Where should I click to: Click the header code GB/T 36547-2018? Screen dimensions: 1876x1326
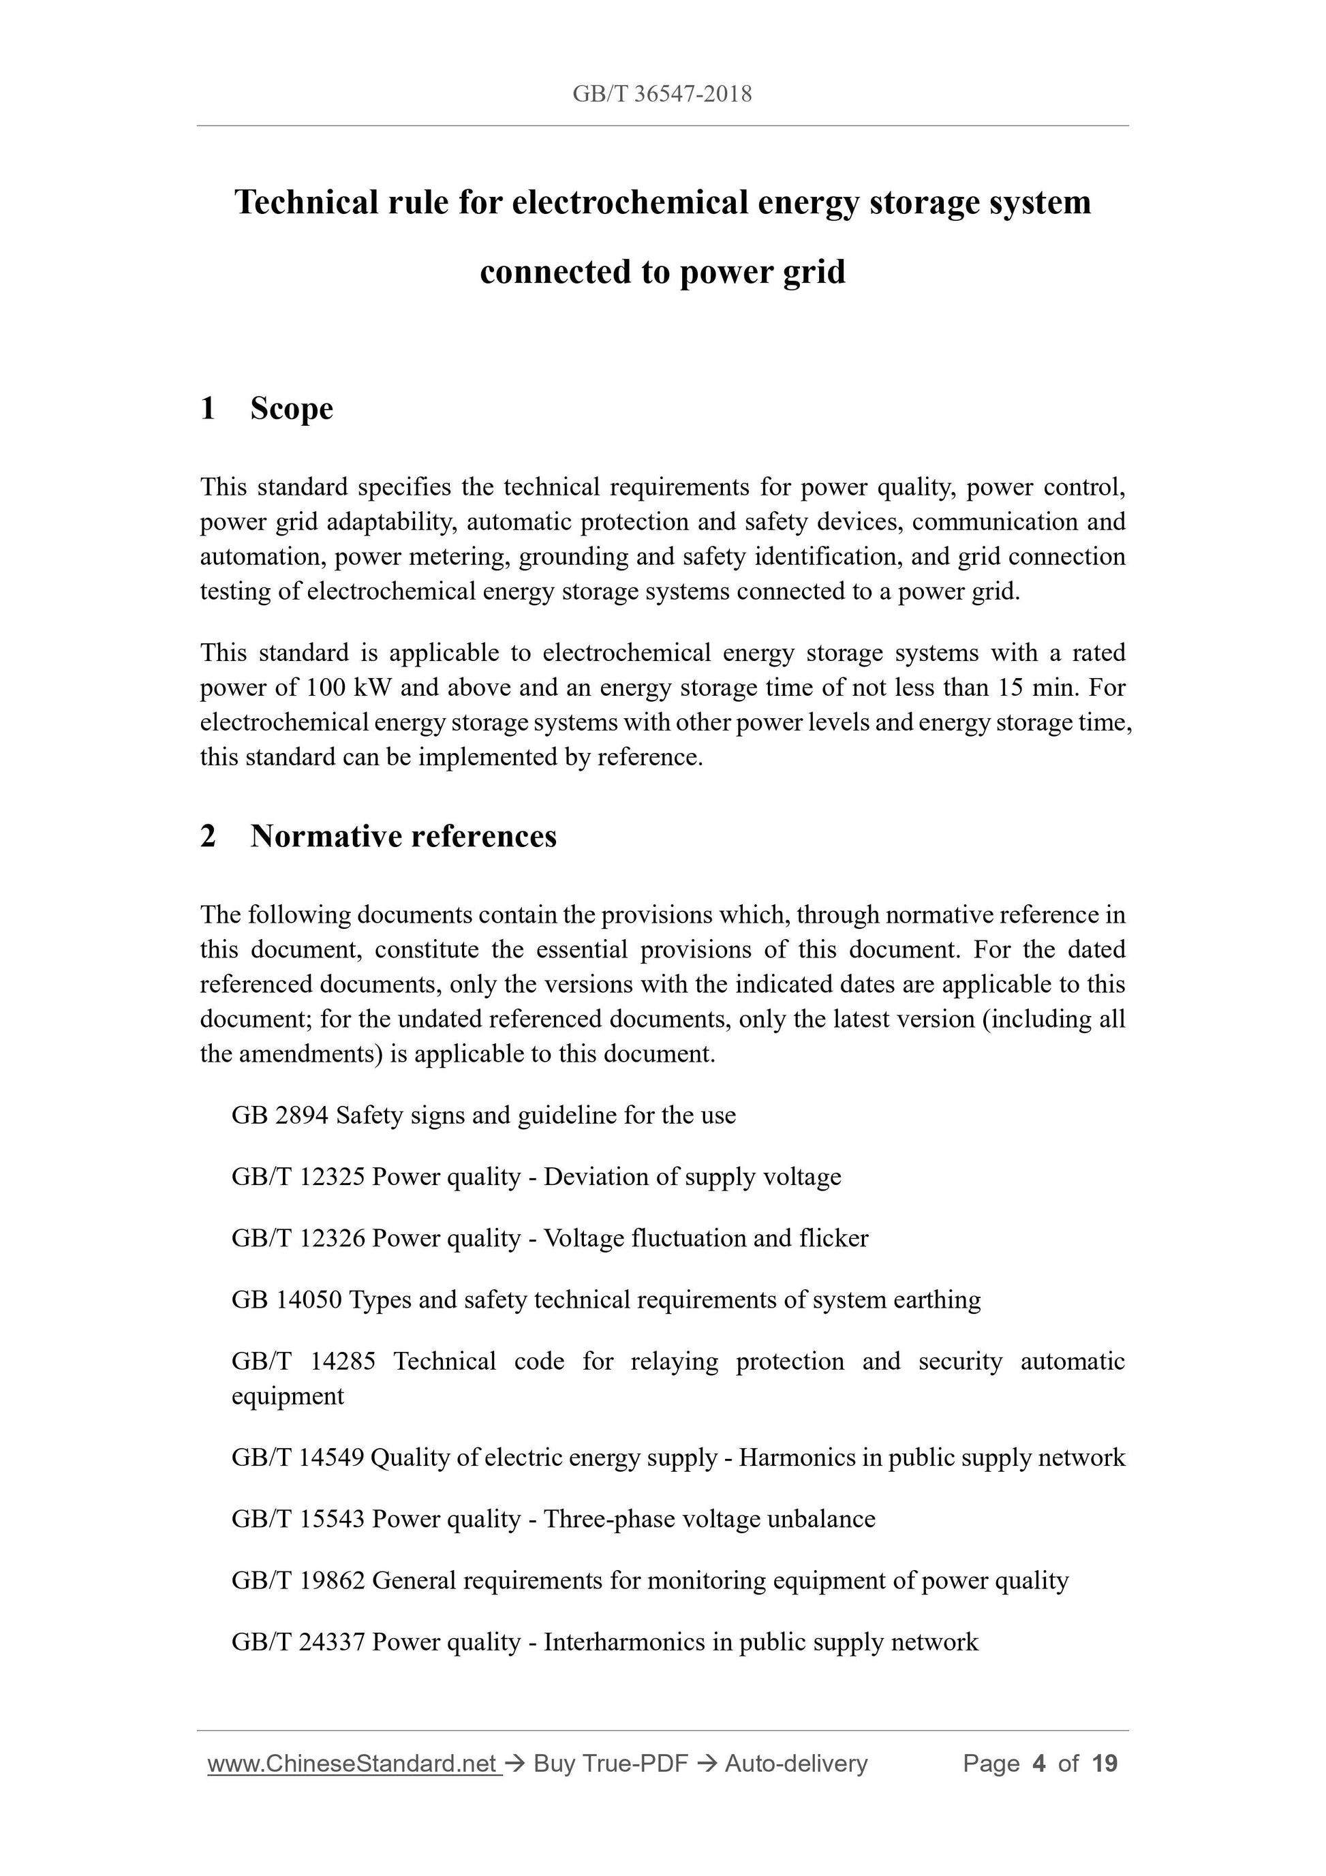(662, 94)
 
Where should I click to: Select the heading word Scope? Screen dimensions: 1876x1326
(292, 409)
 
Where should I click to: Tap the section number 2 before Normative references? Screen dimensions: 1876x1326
(209, 836)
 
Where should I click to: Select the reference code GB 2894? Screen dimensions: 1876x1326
(279, 1116)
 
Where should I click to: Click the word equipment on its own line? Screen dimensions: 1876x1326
(288, 1396)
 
